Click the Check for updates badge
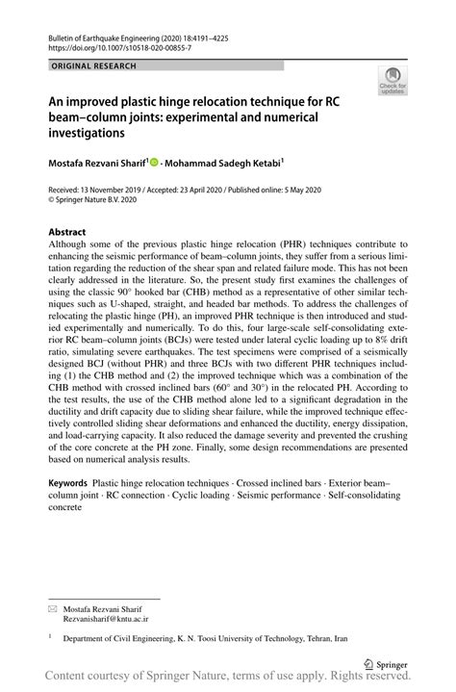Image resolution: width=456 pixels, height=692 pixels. click(x=393, y=81)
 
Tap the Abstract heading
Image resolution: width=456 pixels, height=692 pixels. click(x=67, y=232)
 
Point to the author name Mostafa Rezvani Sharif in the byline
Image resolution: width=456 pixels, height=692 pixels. click(x=95, y=165)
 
